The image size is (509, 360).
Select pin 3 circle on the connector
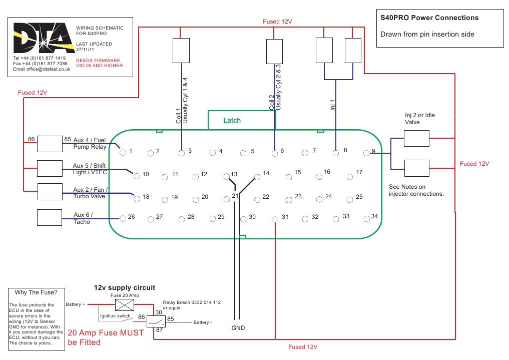[x=182, y=151]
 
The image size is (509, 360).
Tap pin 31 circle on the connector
[x=274, y=219]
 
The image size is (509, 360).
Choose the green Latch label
[x=232, y=120]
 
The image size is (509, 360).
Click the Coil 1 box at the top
[x=181, y=50]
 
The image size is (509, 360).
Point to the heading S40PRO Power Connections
[x=429, y=18]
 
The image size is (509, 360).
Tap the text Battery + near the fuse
[x=76, y=304]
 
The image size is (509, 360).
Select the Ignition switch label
[x=116, y=316]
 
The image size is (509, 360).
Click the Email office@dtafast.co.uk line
[x=42, y=69]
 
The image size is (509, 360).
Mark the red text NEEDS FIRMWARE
[x=98, y=60]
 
